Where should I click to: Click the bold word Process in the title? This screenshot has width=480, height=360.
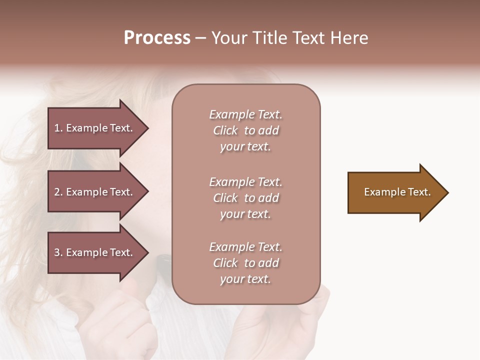pyautogui.click(x=157, y=38)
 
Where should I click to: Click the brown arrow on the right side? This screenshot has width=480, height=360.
pyautogui.click(x=395, y=192)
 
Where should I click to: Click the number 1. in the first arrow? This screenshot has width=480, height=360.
pyautogui.click(x=58, y=128)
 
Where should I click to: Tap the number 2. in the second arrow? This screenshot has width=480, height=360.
pyautogui.click(x=58, y=192)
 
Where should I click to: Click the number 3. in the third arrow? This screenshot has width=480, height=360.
pyautogui.click(x=58, y=252)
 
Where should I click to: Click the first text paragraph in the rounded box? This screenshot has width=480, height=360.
pyautogui.click(x=245, y=130)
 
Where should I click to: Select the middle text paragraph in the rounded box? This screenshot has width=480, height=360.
pyautogui.click(x=245, y=198)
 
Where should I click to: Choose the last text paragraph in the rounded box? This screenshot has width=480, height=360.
pyautogui.click(x=245, y=263)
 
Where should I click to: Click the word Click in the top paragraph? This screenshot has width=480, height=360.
pyautogui.click(x=225, y=130)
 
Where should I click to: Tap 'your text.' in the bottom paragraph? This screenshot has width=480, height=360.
pyautogui.click(x=245, y=279)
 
